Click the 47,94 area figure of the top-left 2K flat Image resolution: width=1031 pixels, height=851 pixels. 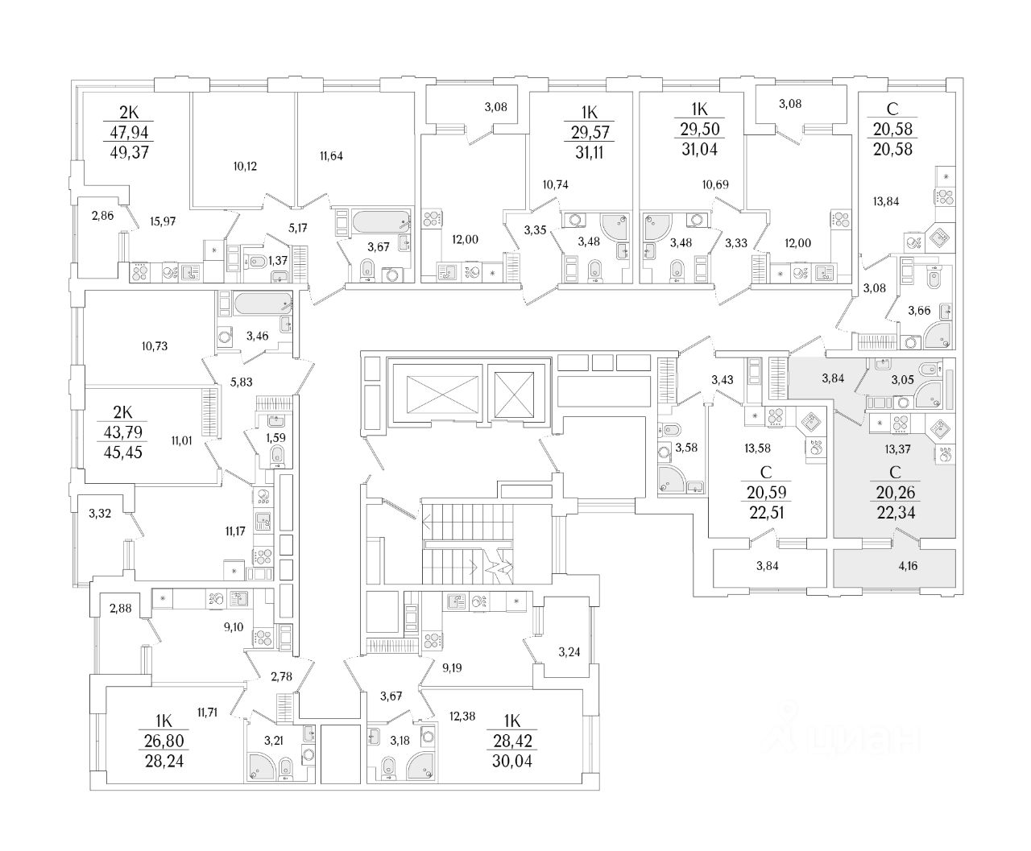coord(118,132)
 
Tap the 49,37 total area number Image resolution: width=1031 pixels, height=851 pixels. coord(118,153)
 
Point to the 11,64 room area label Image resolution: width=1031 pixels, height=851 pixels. coord(330,156)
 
